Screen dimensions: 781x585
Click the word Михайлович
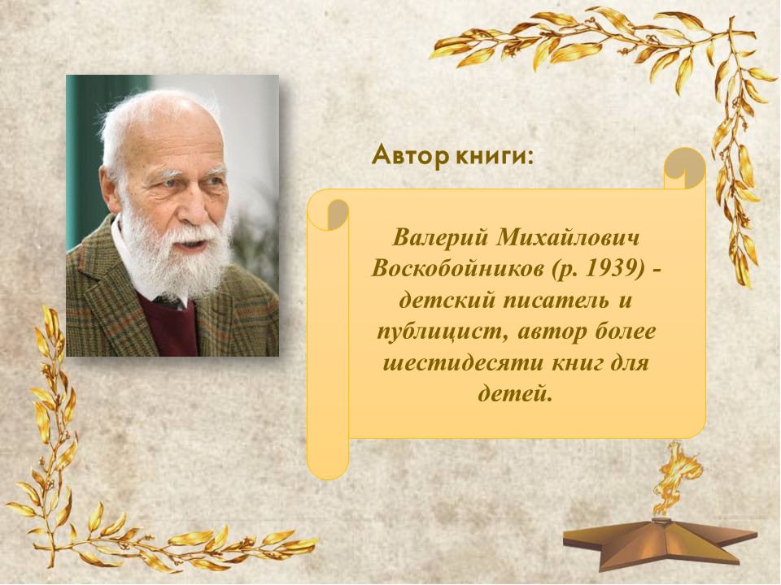coord(567,238)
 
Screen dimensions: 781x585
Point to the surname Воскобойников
coord(457,269)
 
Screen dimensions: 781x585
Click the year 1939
coord(613,269)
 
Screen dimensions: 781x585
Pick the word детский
coord(447,301)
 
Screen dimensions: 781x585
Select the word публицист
coord(443,331)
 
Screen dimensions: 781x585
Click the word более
coord(625,331)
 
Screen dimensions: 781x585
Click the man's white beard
coord(174,258)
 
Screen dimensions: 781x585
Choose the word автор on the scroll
coord(552,331)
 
